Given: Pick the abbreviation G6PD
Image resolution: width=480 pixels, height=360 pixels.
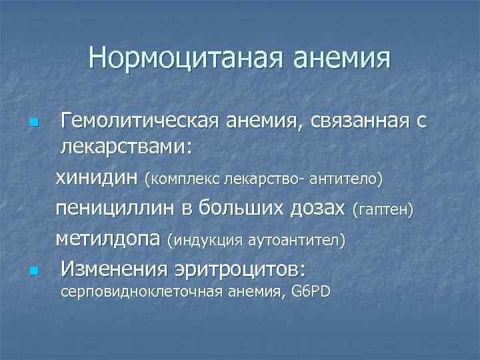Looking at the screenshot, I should tap(311, 293).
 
